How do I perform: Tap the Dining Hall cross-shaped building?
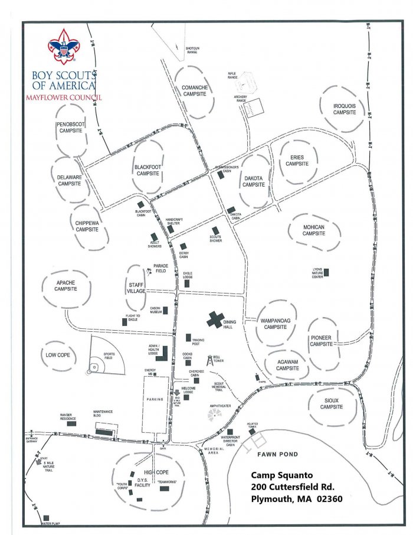coord(214,321)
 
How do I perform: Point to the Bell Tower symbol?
coord(208,360)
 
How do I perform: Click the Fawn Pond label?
coord(276,454)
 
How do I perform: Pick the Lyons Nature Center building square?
coord(326,272)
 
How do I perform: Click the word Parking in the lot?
coord(155,399)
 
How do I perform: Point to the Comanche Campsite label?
coord(195,91)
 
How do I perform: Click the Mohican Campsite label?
coord(314,233)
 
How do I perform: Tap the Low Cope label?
coord(58,355)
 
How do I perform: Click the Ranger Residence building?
coord(71,423)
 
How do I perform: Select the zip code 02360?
coord(327,498)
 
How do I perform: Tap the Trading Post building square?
coord(188,338)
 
